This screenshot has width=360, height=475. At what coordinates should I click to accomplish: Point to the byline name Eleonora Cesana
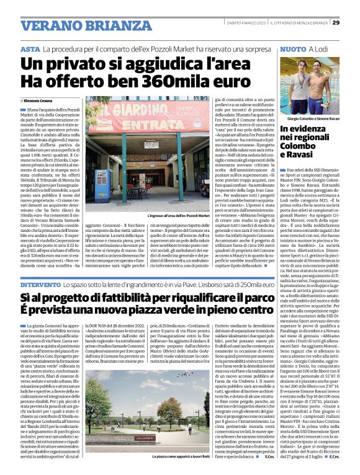pyautogui.click(x=42, y=100)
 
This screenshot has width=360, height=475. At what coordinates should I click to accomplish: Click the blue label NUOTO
pyautogui.click(x=294, y=48)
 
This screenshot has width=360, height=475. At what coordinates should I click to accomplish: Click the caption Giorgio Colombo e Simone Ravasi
pyautogui.click(x=313, y=118)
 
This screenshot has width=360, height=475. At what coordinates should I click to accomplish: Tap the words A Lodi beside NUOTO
pyautogui.click(x=318, y=48)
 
